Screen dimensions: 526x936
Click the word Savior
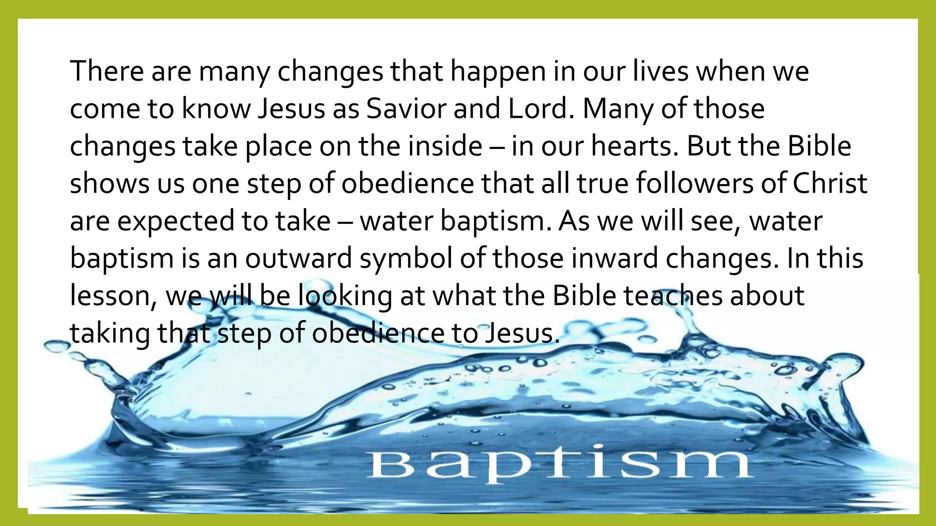[405, 109]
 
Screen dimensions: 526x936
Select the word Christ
[830, 184]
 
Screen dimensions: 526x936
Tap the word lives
[660, 72]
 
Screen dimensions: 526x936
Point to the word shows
[110, 184]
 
